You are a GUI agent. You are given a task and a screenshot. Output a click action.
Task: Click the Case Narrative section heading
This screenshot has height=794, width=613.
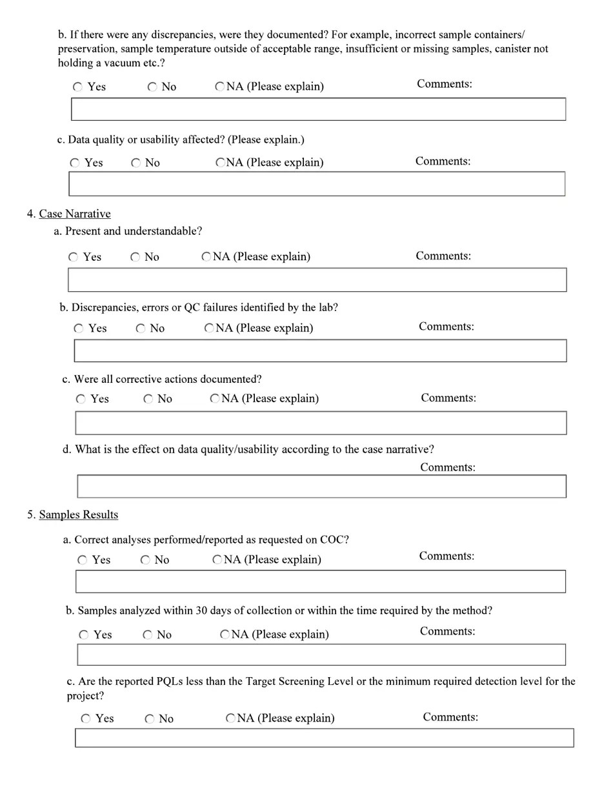click(x=74, y=214)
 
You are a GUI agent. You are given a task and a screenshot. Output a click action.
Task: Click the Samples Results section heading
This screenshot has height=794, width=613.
click(x=78, y=514)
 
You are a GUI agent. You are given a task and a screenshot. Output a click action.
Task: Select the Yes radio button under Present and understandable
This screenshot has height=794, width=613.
click(x=74, y=257)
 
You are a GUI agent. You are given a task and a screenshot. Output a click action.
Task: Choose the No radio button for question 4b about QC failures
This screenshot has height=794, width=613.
click(x=141, y=329)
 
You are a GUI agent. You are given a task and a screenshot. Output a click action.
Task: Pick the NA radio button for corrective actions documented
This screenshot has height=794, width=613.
click(x=215, y=399)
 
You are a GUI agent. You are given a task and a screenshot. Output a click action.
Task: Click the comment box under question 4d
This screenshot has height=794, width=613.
click(x=321, y=487)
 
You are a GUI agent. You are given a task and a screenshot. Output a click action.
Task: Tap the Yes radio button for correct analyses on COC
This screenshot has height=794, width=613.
click(x=83, y=560)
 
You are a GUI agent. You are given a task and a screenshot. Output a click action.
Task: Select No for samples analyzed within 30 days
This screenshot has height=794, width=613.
click(x=148, y=635)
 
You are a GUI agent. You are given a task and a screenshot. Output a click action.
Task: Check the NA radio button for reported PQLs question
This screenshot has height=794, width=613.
click(x=230, y=718)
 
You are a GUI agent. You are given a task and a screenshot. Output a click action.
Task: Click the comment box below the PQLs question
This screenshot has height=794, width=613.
click(x=324, y=738)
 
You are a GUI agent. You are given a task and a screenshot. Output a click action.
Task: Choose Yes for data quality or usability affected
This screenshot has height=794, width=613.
click(x=75, y=163)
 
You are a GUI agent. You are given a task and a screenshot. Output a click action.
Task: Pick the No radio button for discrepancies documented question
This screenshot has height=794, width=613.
click(x=152, y=87)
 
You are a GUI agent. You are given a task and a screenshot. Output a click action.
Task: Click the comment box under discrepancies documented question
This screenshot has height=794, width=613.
click(x=318, y=109)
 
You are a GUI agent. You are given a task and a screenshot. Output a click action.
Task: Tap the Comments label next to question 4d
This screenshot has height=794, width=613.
click(x=448, y=467)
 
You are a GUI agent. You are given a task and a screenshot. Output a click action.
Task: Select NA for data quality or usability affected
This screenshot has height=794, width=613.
click(x=220, y=163)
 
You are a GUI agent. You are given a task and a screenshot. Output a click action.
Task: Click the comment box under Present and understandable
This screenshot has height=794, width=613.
click(x=317, y=280)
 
